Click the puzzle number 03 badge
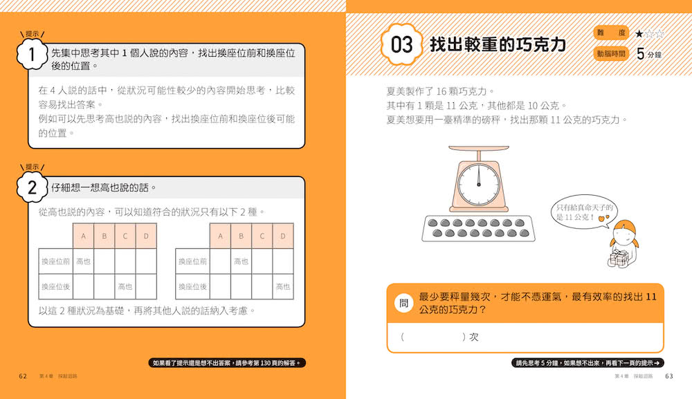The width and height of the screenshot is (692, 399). pos(401,44)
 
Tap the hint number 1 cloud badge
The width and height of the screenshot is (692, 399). pos(32,54)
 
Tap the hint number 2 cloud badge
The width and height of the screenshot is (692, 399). pos(32,187)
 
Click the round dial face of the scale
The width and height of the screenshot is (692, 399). pos(479,185)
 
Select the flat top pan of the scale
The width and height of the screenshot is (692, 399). pos(479,149)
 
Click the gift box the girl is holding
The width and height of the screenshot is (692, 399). pos(619,258)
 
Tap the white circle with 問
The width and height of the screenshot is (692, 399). pos(403,303)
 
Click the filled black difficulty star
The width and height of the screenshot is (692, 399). pos(639,33)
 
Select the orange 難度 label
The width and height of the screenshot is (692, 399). pos(611,33)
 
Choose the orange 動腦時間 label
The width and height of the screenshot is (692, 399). pos(611,54)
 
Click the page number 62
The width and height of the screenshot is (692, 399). pos(23,376)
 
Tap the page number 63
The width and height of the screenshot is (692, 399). pos(669,376)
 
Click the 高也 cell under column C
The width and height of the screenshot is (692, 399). pos(125,286)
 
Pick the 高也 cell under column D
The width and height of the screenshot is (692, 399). pos(283,286)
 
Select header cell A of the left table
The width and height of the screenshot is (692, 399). pos(83,236)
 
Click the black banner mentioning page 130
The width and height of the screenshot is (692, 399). pos(227,363)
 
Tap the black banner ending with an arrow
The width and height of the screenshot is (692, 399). pos(588,363)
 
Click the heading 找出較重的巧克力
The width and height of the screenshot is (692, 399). pos(498,44)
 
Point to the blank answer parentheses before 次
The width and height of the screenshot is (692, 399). pos(433,337)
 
